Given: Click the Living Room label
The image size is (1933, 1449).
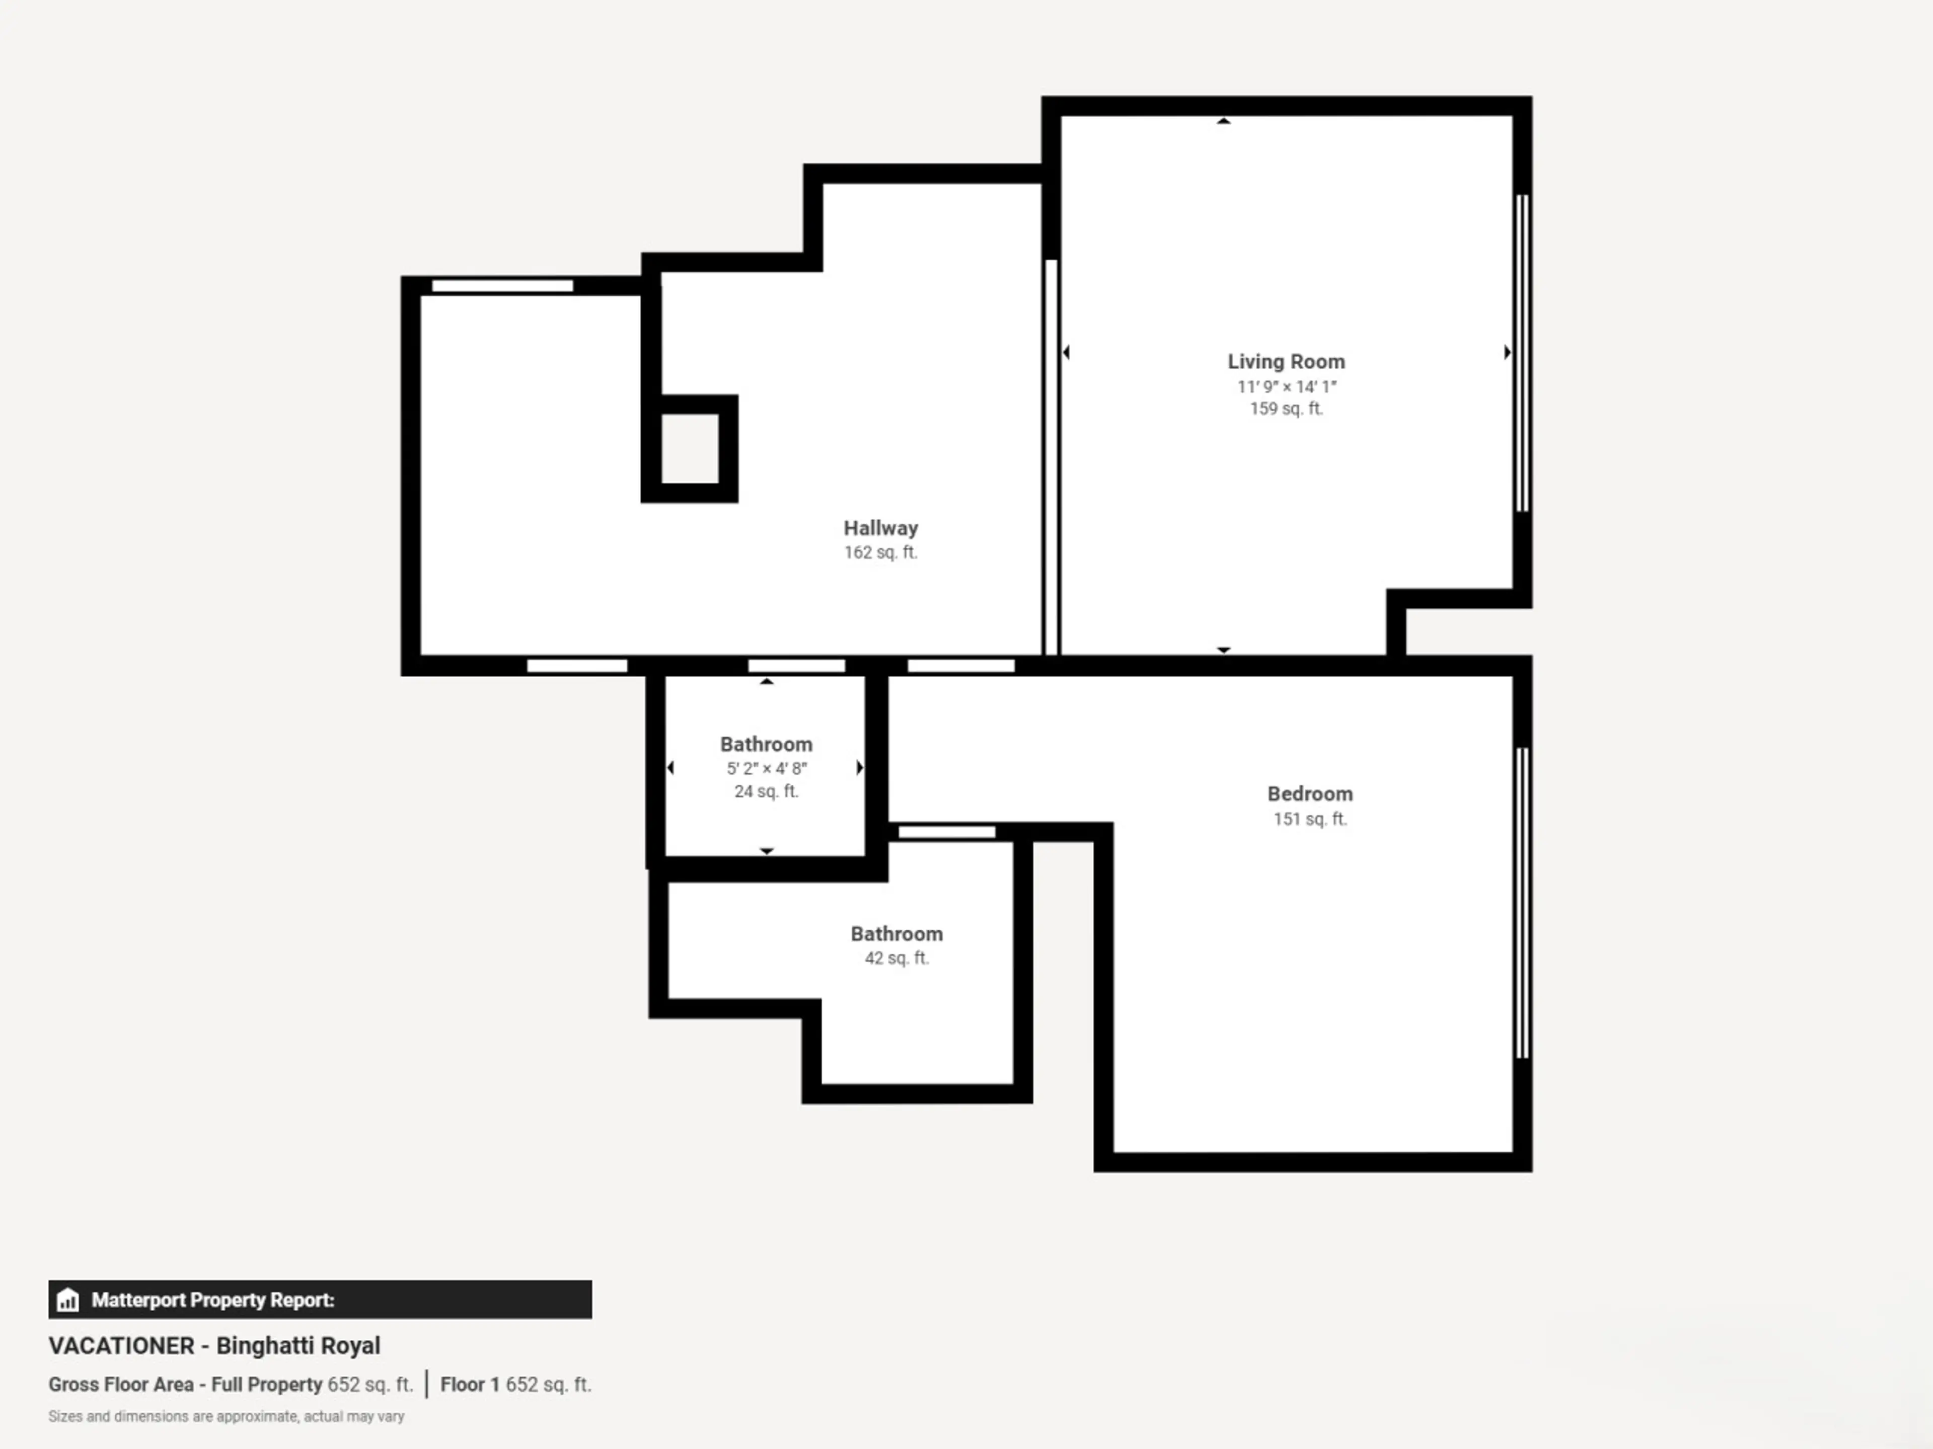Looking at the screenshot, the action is [1286, 362].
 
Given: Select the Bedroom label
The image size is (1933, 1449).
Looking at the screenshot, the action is [1309, 794].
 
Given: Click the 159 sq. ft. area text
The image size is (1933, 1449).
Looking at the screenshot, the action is [1286, 409].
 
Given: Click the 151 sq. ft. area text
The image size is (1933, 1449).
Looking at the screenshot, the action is [1309, 819].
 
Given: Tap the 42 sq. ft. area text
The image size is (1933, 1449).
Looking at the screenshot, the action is [897, 958].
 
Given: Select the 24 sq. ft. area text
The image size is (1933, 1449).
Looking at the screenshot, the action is [766, 791].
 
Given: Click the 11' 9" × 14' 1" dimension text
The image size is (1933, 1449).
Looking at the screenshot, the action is [1286, 386].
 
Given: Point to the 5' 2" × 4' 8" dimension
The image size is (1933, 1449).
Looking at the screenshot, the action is [766, 769].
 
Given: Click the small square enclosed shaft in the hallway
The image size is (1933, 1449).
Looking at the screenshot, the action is [690, 449].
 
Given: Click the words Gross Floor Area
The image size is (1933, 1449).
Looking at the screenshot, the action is [121, 1385].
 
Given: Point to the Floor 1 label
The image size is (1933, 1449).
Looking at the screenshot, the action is [469, 1385].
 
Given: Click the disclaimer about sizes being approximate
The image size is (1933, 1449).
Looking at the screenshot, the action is [227, 1416].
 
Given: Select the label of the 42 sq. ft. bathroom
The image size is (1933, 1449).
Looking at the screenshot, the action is [897, 934].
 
